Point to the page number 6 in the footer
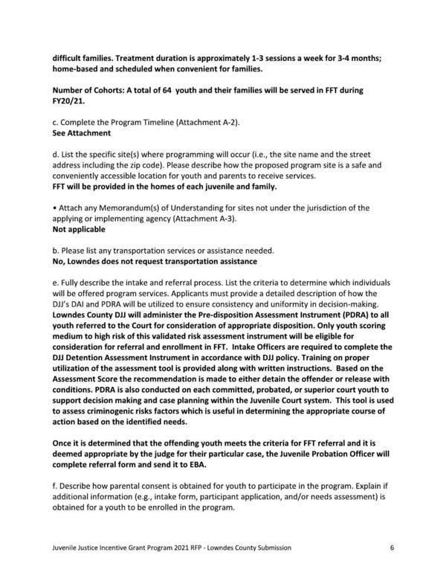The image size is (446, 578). coord(391,547)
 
